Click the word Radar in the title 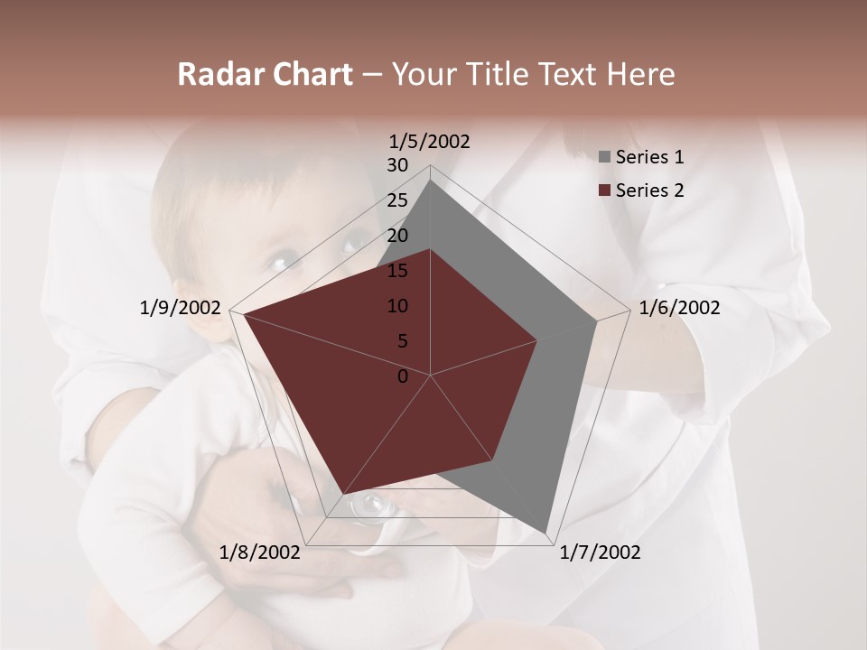[x=217, y=75]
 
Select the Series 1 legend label [x=649, y=157]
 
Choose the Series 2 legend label [x=649, y=190]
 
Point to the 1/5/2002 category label [x=430, y=141]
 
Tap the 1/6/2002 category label [x=679, y=308]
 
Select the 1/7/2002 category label [x=600, y=552]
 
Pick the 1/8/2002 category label [x=260, y=552]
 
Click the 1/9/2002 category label [x=181, y=308]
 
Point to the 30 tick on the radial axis [x=397, y=165]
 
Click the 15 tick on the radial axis [x=397, y=271]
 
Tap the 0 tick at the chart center [x=403, y=376]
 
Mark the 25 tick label [x=397, y=200]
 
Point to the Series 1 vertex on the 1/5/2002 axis [x=430, y=181]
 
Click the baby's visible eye [x=278, y=263]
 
